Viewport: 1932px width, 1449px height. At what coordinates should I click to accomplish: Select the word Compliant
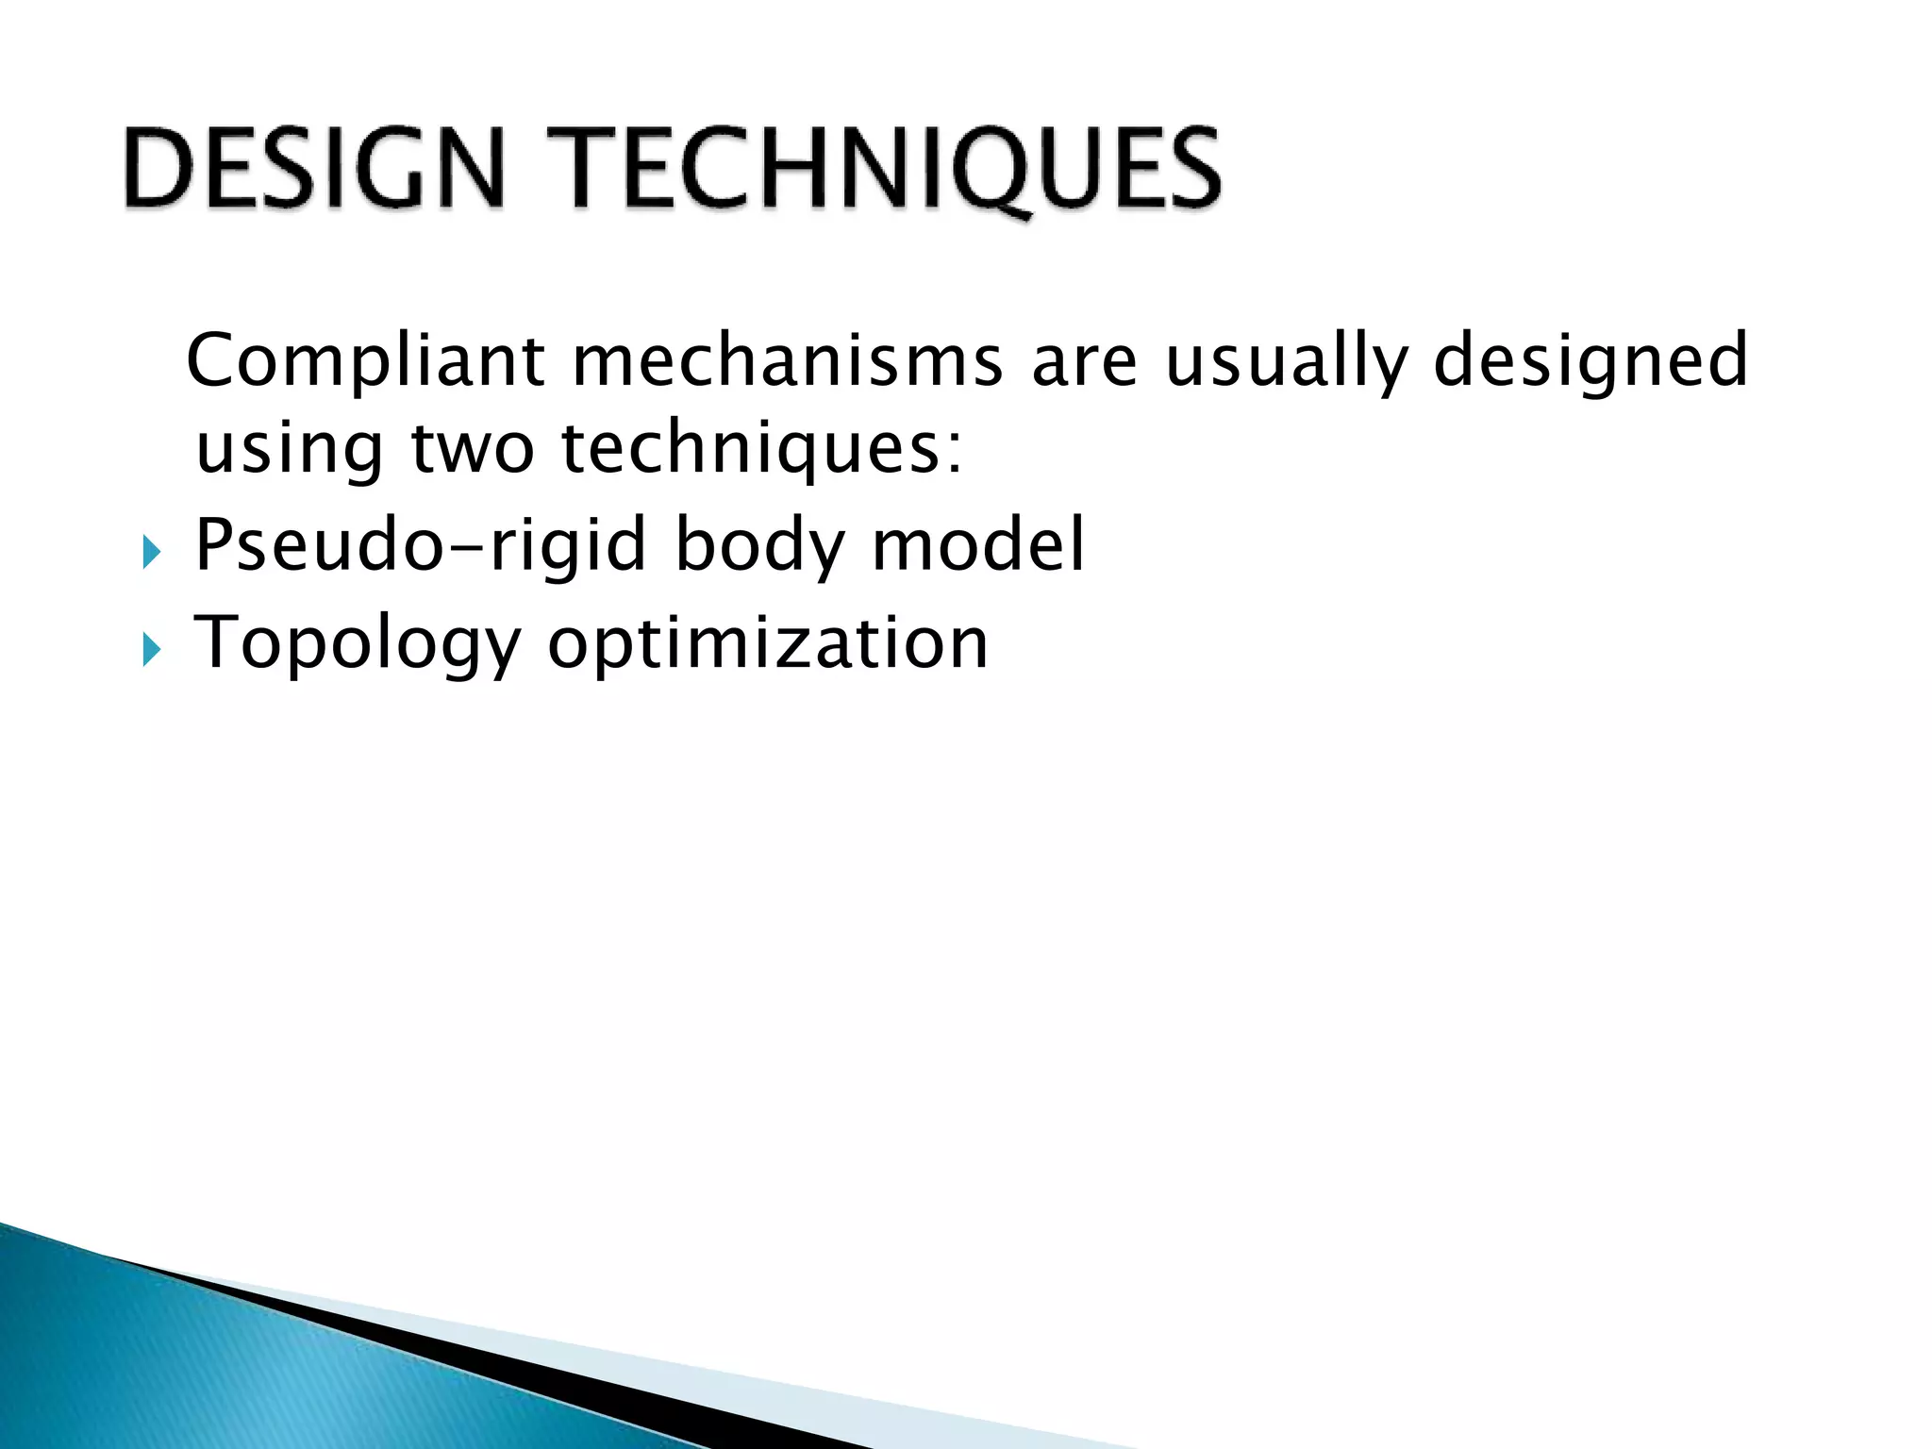click(366, 361)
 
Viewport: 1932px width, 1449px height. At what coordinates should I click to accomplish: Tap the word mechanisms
click(788, 361)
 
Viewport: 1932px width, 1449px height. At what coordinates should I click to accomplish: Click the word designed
click(1591, 361)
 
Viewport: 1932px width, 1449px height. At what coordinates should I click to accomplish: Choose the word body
click(759, 546)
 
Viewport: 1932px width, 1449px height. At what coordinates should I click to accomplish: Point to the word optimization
click(767, 645)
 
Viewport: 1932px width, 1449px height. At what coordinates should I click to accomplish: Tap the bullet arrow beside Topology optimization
click(151, 650)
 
